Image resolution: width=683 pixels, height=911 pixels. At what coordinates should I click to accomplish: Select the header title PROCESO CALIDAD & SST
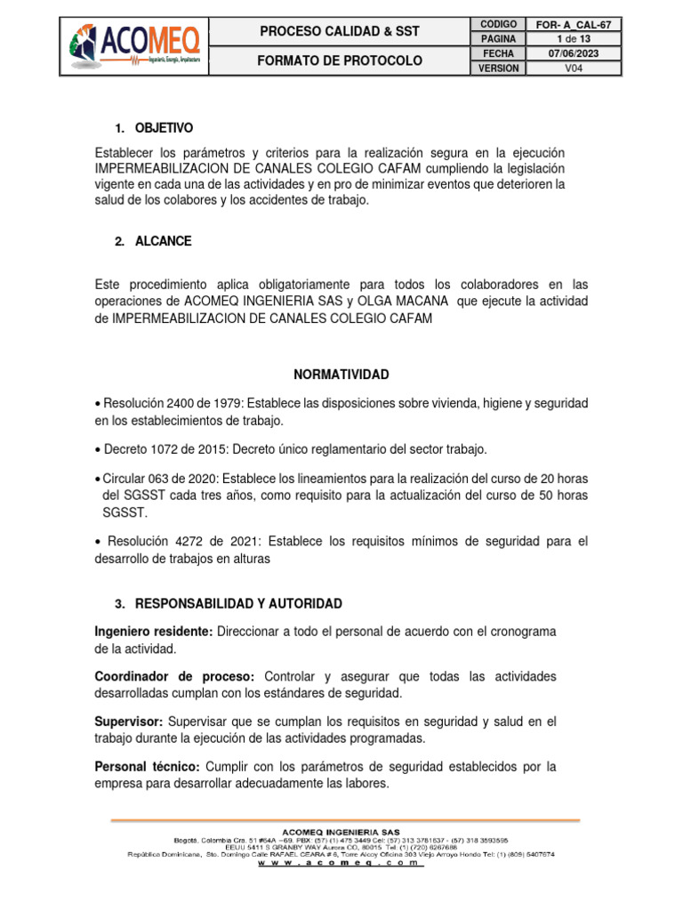point(339,32)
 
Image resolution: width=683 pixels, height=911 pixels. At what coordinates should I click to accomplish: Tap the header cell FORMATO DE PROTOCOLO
point(339,60)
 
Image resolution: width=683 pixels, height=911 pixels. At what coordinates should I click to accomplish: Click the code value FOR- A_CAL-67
point(573,24)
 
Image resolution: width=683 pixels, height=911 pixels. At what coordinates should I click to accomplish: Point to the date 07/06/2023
point(573,53)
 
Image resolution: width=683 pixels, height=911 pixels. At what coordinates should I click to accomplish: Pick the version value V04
point(573,69)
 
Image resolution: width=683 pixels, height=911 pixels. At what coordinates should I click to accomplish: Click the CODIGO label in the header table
point(498,24)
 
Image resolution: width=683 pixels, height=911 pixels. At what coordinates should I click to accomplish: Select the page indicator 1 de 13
point(573,39)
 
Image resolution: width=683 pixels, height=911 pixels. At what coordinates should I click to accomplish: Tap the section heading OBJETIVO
point(164,128)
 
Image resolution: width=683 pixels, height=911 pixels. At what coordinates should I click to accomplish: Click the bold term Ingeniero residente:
point(152,631)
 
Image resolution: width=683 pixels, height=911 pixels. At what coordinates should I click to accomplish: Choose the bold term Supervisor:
point(130,721)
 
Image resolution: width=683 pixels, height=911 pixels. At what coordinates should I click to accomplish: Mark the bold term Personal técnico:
point(149,766)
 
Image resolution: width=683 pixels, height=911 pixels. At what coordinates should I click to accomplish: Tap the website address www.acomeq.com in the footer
point(341,862)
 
